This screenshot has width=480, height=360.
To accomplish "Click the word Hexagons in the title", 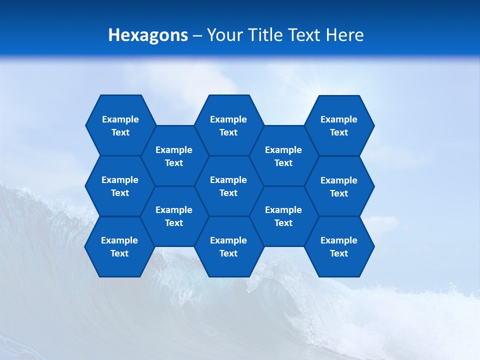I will [148, 35].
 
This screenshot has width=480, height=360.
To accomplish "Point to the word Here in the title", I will [345, 35].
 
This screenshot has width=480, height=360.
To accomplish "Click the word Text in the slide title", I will [303, 35].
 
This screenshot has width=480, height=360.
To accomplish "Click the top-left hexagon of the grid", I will [120, 125].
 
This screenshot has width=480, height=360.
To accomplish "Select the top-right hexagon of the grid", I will [339, 125].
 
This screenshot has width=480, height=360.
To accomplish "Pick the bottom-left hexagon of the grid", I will [119, 246].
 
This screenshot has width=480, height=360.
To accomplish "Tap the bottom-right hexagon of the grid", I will [339, 246].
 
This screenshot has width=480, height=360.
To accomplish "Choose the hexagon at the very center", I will [228, 186].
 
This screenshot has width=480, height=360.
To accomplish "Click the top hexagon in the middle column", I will [228, 125].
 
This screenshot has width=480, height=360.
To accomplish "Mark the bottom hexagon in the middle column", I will [228, 246].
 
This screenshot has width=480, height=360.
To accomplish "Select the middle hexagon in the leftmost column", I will [120, 186].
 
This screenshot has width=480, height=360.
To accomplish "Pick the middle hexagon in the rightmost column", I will [339, 186].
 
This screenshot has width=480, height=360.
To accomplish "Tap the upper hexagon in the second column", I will [174, 156].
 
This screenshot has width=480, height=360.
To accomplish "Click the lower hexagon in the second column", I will [174, 216].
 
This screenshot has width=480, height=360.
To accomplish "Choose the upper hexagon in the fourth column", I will [283, 156].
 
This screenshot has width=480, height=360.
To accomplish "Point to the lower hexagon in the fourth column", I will [283, 216].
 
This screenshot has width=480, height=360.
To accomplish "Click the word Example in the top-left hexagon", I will [120, 119].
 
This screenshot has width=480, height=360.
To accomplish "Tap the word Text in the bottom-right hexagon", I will [339, 253].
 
